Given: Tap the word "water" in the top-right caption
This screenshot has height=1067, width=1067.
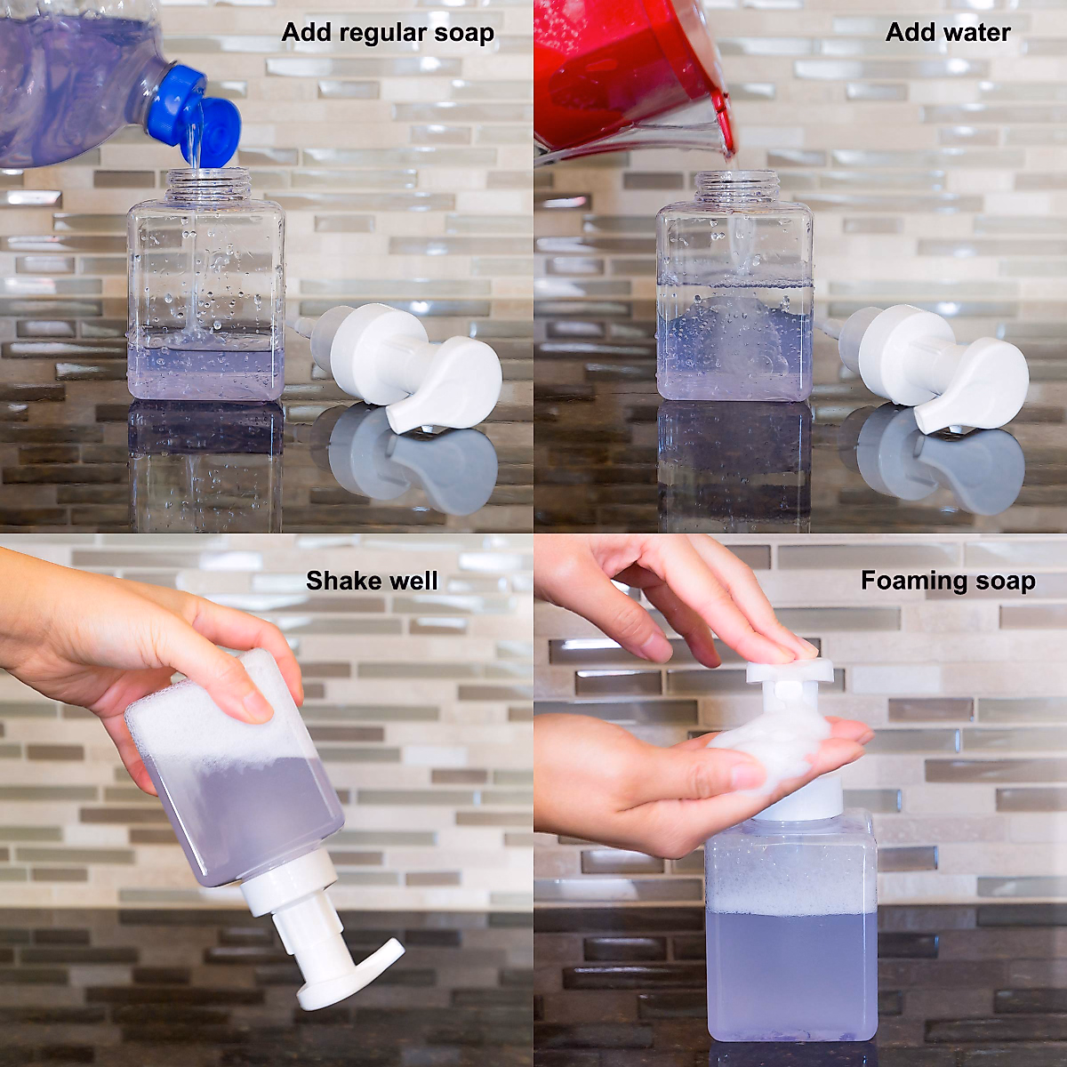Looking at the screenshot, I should point(978,33).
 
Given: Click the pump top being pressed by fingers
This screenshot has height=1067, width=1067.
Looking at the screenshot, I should point(790,672).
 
